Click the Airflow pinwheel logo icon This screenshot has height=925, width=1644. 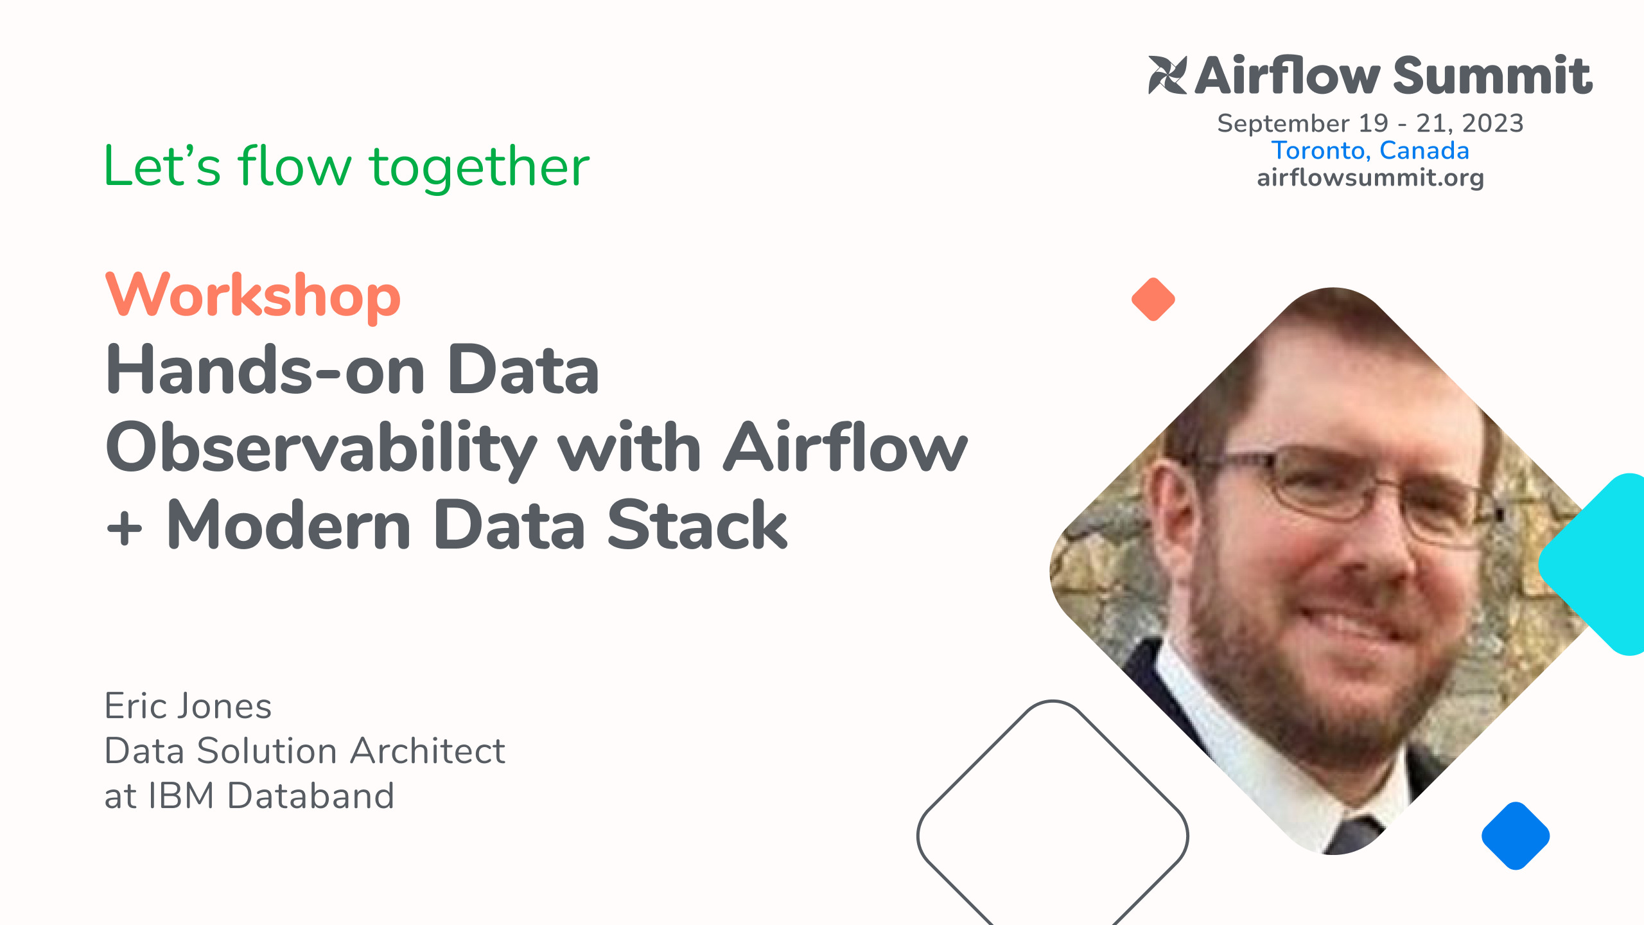click(1167, 75)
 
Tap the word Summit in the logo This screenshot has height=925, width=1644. click(1492, 75)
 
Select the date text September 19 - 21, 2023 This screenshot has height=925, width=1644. click(1370, 123)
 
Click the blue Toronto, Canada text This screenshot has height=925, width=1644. click(1370, 150)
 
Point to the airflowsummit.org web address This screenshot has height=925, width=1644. click(1370, 178)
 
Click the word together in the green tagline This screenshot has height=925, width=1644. click(479, 167)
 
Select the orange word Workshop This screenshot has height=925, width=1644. click(253, 295)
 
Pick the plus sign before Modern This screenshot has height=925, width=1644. click(125, 528)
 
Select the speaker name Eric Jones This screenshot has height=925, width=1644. click(188, 706)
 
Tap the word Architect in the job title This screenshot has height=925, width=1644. click(428, 751)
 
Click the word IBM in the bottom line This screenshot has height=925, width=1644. click(181, 796)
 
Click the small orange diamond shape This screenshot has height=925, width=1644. click(1153, 299)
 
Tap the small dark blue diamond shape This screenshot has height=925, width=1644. click(1516, 836)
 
